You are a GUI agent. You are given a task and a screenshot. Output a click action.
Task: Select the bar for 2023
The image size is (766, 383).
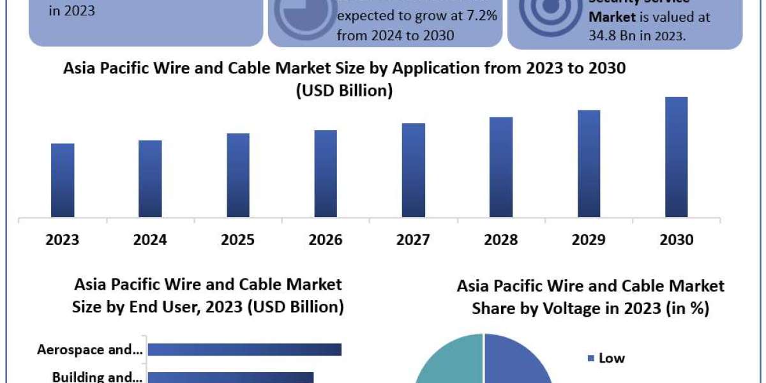(63, 180)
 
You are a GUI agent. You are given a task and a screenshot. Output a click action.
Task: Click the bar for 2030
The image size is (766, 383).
(676, 157)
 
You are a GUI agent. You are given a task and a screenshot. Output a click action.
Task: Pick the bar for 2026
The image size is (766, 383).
(326, 174)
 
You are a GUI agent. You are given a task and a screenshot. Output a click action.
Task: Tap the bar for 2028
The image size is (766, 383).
(501, 167)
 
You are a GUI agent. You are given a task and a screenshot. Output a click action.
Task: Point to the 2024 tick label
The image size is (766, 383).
(150, 240)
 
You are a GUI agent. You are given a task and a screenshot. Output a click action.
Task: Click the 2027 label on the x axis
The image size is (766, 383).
(413, 240)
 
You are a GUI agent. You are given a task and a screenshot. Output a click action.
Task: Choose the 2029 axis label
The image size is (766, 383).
(589, 240)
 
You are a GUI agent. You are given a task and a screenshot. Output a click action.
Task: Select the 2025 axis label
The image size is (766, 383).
(237, 240)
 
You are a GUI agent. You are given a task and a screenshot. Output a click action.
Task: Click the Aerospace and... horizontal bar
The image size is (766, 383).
(244, 349)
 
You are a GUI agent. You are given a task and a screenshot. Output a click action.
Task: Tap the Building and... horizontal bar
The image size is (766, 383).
(230, 377)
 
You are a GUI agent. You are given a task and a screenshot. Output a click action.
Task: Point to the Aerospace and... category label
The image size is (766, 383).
(89, 349)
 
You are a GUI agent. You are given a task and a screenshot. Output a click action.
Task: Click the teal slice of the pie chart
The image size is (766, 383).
(450, 361)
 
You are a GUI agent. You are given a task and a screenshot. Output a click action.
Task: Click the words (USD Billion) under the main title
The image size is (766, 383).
(344, 91)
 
